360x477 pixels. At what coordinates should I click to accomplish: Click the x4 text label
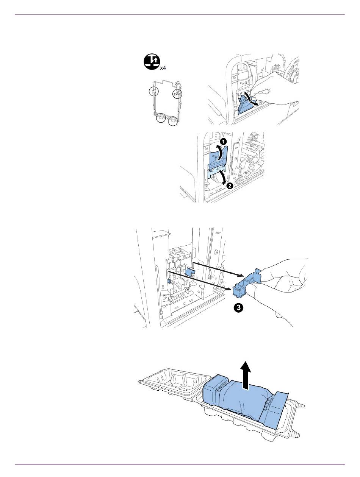click(163, 68)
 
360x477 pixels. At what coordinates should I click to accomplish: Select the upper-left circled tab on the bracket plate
click(154, 91)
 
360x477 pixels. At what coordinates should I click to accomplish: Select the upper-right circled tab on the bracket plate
click(177, 94)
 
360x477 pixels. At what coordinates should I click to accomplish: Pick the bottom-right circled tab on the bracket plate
click(173, 121)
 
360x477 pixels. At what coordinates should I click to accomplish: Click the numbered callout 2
click(230, 186)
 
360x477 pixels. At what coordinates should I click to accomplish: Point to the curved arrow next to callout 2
click(223, 177)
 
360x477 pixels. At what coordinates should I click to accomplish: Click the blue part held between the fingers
click(247, 282)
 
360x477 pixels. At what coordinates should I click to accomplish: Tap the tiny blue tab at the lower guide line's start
click(169, 281)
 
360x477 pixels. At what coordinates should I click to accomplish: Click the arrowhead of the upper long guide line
click(240, 276)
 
